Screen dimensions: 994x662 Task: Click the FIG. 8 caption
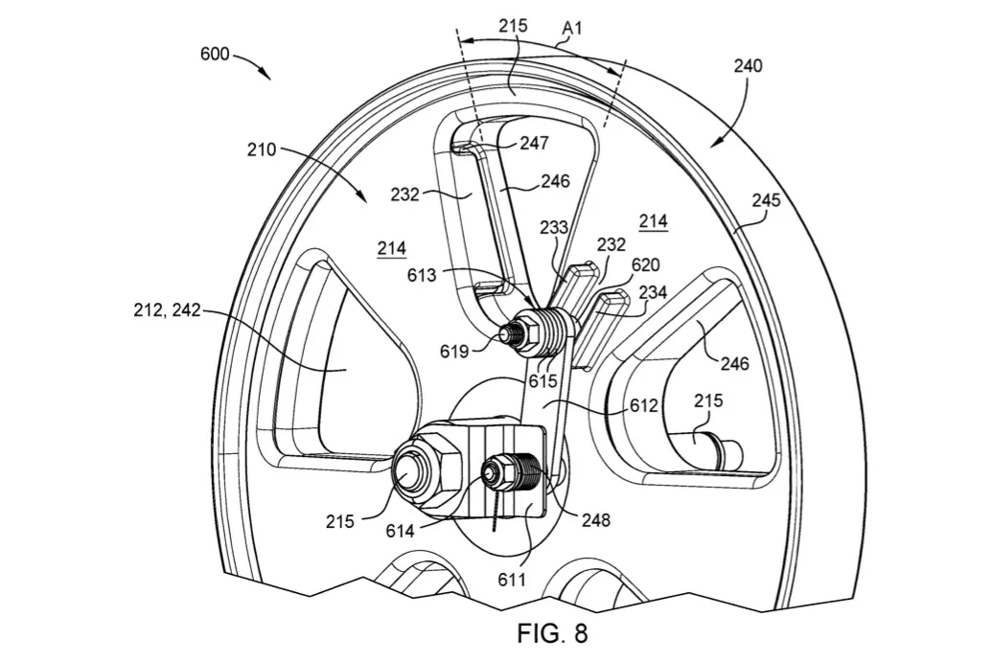[x=552, y=633]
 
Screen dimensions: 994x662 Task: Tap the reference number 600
[x=215, y=54]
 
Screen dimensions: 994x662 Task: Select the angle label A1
[x=571, y=28]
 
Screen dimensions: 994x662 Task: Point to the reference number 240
[x=748, y=65]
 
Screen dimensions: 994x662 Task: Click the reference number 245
[x=767, y=200]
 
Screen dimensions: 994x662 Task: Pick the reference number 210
[x=262, y=149]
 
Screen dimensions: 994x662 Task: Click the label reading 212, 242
[x=167, y=309]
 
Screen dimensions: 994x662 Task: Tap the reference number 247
[x=534, y=143]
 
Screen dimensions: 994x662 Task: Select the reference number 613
[x=422, y=275]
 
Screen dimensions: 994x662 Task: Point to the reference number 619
[x=454, y=351]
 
